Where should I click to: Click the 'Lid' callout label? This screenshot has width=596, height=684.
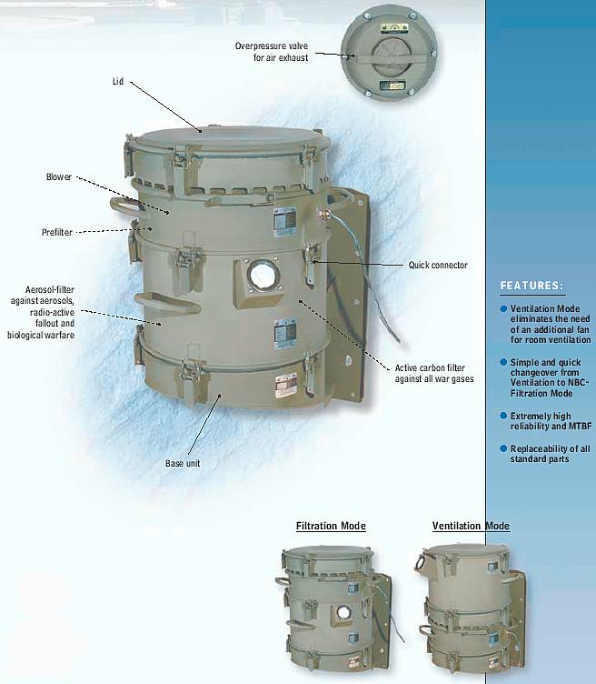pyautogui.click(x=118, y=82)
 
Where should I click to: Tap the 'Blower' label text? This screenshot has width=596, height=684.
pyautogui.click(x=59, y=176)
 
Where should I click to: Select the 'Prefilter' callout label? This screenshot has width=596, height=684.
pyautogui.click(x=57, y=232)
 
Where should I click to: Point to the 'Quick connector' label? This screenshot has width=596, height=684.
pyautogui.click(x=438, y=265)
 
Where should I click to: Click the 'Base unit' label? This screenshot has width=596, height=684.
pyautogui.click(x=183, y=463)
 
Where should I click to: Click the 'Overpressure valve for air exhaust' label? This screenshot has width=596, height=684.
pyautogui.click(x=272, y=52)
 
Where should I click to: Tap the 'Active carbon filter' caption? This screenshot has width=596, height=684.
pyautogui.click(x=430, y=367)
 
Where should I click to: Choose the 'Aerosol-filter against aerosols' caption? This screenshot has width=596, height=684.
pyautogui.click(x=43, y=296)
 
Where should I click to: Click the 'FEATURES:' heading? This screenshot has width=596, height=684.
pyautogui.click(x=532, y=286)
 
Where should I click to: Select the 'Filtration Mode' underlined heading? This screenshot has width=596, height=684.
pyautogui.click(x=331, y=526)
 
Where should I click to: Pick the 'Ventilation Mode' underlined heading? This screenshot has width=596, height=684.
pyautogui.click(x=471, y=526)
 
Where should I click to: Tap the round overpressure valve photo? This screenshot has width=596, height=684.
pyautogui.click(x=389, y=53)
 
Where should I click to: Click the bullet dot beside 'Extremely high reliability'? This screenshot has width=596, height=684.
pyautogui.click(x=503, y=416)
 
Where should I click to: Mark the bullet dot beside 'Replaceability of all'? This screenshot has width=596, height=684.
pyautogui.click(x=503, y=448)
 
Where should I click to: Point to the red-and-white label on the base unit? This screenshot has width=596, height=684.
pyautogui.click(x=286, y=385)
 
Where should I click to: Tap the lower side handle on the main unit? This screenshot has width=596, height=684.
pyautogui.click(x=167, y=303)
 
